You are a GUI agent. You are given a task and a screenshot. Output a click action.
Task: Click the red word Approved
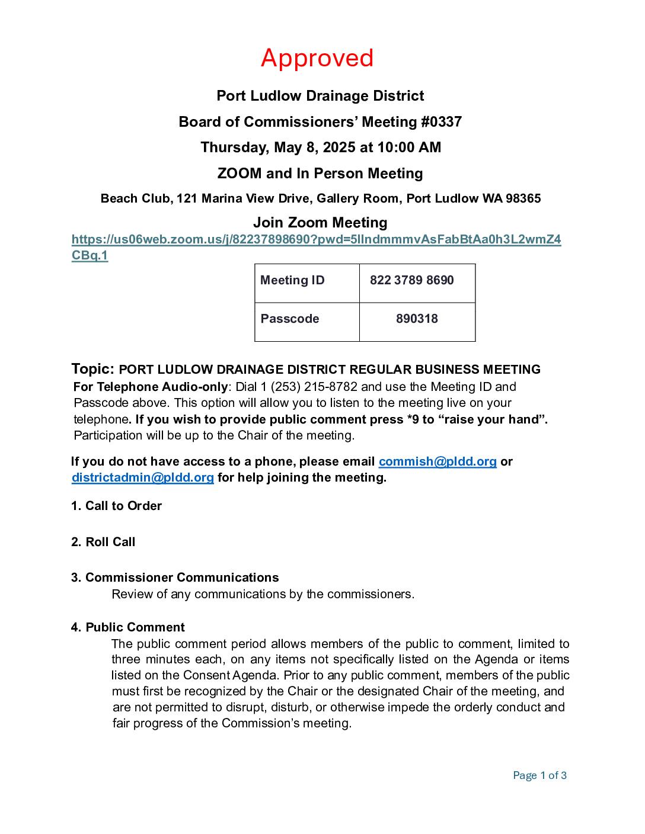pyautogui.click(x=317, y=58)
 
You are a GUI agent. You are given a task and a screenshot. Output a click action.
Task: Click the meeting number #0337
pyautogui.click(x=441, y=122)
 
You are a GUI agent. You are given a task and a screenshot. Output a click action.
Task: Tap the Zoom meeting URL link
pyautogui.click(x=316, y=240)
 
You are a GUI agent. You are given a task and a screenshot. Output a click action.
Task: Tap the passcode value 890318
pyautogui.click(x=417, y=319)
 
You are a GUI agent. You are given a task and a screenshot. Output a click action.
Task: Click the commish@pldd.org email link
pyautogui.click(x=438, y=462)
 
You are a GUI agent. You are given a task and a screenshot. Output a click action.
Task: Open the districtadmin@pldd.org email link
pyautogui.click(x=142, y=478)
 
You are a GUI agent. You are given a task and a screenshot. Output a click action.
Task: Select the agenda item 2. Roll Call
pyautogui.click(x=104, y=543)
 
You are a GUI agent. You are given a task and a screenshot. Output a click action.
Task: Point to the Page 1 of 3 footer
pyautogui.click(x=539, y=776)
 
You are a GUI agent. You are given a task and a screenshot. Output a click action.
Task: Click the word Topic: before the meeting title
pyautogui.click(x=92, y=369)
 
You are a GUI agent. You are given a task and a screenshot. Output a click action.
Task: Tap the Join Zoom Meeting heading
pyautogui.click(x=320, y=223)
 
